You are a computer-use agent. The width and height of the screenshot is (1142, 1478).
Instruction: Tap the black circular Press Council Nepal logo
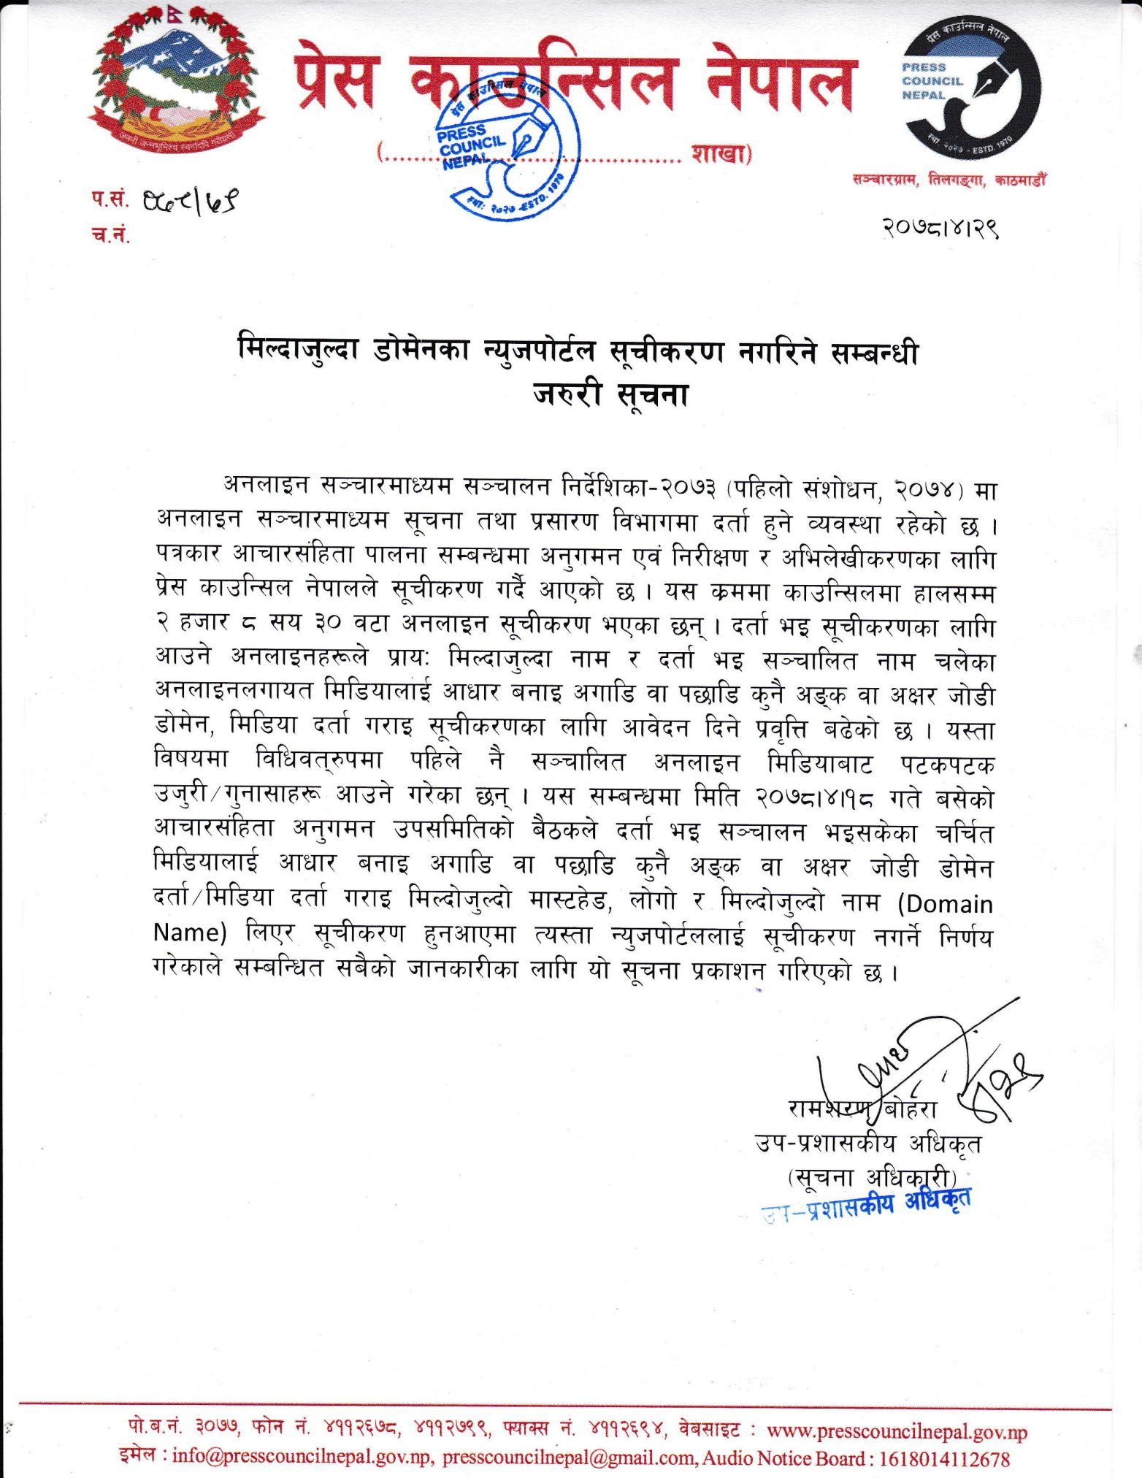[x=971, y=85]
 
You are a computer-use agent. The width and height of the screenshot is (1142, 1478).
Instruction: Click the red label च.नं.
[x=110, y=234]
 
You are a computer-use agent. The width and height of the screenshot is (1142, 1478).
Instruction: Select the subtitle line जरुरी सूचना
[x=610, y=395]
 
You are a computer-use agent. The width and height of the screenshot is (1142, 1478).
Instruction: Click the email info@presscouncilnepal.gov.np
[x=302, y=1458]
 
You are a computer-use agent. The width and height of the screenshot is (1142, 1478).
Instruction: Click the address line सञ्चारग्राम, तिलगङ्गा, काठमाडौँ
[x=949, y=180]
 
